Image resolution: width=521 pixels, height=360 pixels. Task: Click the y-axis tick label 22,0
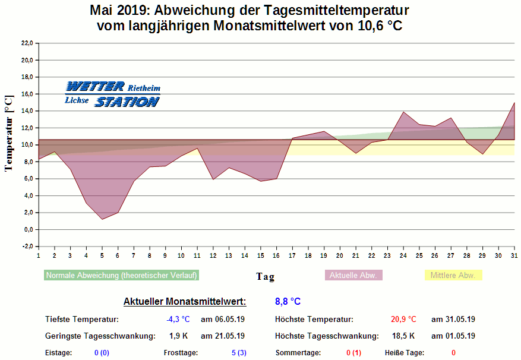click(26, 43)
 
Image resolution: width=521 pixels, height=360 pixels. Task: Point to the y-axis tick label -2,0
click(26, 247)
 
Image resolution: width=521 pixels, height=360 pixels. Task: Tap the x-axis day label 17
click(292, 255)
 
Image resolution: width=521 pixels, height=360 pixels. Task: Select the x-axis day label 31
click(514, 255)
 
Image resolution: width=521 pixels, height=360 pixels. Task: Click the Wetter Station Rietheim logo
click(112, 94)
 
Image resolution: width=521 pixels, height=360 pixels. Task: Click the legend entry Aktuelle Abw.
click(353, 276)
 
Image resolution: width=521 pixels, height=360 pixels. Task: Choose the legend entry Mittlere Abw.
click(453, 276)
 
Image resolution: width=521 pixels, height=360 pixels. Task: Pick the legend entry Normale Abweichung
click(122, 276)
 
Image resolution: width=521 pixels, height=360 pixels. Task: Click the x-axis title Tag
click(265, 276)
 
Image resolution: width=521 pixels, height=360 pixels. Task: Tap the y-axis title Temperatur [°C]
click(8, 133)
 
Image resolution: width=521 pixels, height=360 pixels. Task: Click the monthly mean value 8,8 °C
click(288, 302)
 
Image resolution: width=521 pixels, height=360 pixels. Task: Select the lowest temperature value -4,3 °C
click(178, 320)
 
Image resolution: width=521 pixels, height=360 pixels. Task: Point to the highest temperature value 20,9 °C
click(403, 320)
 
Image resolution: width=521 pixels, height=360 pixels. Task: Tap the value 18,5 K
click(404, 336)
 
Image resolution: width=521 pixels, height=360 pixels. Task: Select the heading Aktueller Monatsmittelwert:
click(184, 302)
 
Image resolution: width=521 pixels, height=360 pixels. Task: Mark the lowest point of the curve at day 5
click(102, 219)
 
